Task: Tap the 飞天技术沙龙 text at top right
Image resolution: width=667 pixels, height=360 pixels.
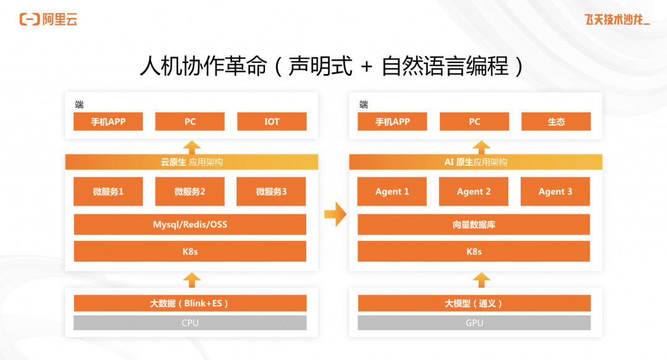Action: click(617, 20)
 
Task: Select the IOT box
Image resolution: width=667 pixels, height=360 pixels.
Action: click(272, 122)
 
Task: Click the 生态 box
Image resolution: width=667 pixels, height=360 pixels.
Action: click(556, 122)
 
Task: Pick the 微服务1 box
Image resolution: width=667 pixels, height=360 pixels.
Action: click(108, 191)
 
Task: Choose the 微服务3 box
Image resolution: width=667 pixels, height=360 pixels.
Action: click(272, 191)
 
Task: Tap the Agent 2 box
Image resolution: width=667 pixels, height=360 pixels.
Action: click(474, 191)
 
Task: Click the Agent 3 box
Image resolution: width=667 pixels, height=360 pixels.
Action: click(555, 191)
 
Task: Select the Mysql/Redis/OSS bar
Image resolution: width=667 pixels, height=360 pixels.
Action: click(190, 225)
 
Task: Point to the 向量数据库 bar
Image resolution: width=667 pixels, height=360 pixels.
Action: click(474, 225)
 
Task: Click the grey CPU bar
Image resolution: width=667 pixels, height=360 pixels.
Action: click(190, 323)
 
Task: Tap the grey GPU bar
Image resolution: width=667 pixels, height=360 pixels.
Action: click(474, 323)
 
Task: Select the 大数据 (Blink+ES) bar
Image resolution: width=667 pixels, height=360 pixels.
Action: click(190, 303)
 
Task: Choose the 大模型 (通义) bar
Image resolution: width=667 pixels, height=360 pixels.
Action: click(474, 303)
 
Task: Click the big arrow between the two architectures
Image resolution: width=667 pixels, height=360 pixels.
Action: click(335, 214)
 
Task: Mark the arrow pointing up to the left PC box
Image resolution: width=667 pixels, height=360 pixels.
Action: click(192, 147)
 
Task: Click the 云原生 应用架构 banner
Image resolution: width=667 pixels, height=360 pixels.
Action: click(191, 162)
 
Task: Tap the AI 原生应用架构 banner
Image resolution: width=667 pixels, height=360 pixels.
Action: click(476, 162)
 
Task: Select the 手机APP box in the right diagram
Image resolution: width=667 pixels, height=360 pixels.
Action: click(392, 122)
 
